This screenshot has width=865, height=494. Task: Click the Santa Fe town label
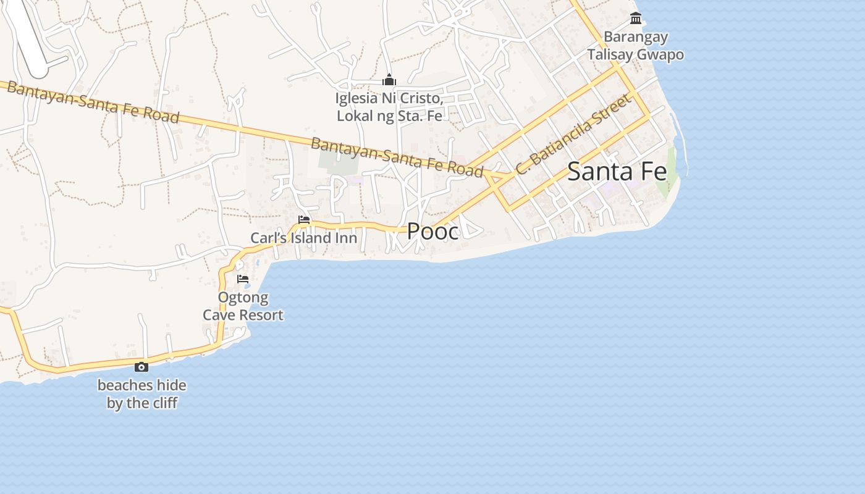tap(617, 172)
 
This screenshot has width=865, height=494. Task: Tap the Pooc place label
tap(432, 232)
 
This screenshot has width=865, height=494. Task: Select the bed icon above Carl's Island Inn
tap(303, 220)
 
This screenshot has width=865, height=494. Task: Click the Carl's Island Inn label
tap(303, 238)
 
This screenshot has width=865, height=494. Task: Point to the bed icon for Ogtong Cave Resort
tap(243, 279)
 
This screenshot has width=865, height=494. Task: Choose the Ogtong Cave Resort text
tap(243, 306)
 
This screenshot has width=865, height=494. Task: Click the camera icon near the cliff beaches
tap(141, 367)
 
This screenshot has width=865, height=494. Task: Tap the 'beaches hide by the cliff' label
tap(141, 395)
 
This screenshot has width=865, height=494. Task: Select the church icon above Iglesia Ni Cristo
tap(389, 80)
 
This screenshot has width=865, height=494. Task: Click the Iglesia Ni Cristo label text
tap(389, 107)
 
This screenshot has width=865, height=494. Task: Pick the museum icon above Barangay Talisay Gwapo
tap(635, 19)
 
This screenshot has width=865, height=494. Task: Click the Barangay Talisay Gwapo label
tap(635, 46)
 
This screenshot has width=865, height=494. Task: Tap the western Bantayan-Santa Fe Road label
tap(93, 103)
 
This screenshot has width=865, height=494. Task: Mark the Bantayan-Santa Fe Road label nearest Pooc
tap(396, 157)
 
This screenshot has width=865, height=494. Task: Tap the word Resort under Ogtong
tap(261, 315)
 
